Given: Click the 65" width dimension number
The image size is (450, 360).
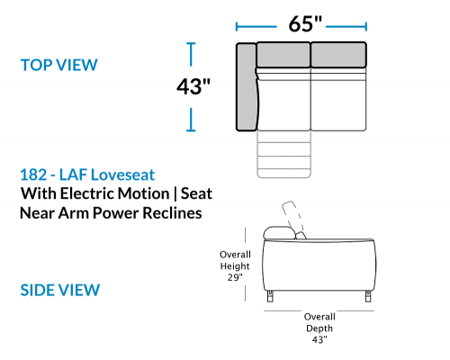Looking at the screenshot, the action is [x=305, y=23].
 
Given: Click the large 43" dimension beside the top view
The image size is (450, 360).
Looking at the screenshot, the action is [x=193, y=86].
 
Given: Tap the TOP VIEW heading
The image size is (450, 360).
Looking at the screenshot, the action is [x=59, y=65].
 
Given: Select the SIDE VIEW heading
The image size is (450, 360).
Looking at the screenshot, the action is [x=60, y=290].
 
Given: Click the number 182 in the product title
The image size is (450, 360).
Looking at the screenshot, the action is [x=33, y=175].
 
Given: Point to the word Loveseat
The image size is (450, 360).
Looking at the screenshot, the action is [x=122, y=175].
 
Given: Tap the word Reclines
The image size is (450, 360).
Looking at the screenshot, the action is [x=172, y=213].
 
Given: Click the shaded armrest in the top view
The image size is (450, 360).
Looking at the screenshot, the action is [x=247, y=87].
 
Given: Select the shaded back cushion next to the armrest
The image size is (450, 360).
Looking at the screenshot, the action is [x=283, y=55].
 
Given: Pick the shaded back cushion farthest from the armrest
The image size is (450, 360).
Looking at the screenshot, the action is [x=338, y=55].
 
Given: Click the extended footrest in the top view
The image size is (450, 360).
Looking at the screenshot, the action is [x=283, y=155].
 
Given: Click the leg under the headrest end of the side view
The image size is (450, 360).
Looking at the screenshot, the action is [x=270, y=296].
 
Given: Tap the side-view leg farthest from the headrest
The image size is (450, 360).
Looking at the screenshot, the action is [x=368, y=296].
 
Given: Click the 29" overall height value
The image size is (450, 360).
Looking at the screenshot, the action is [x=235, y=277].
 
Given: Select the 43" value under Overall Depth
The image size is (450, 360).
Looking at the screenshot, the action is [x=319, y=339].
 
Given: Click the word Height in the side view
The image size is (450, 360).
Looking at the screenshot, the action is [x=235, y=266].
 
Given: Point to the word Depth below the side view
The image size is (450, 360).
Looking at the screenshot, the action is [x=319, y=328].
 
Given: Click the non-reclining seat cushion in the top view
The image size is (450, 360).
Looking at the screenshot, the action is [x=338, y=99].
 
